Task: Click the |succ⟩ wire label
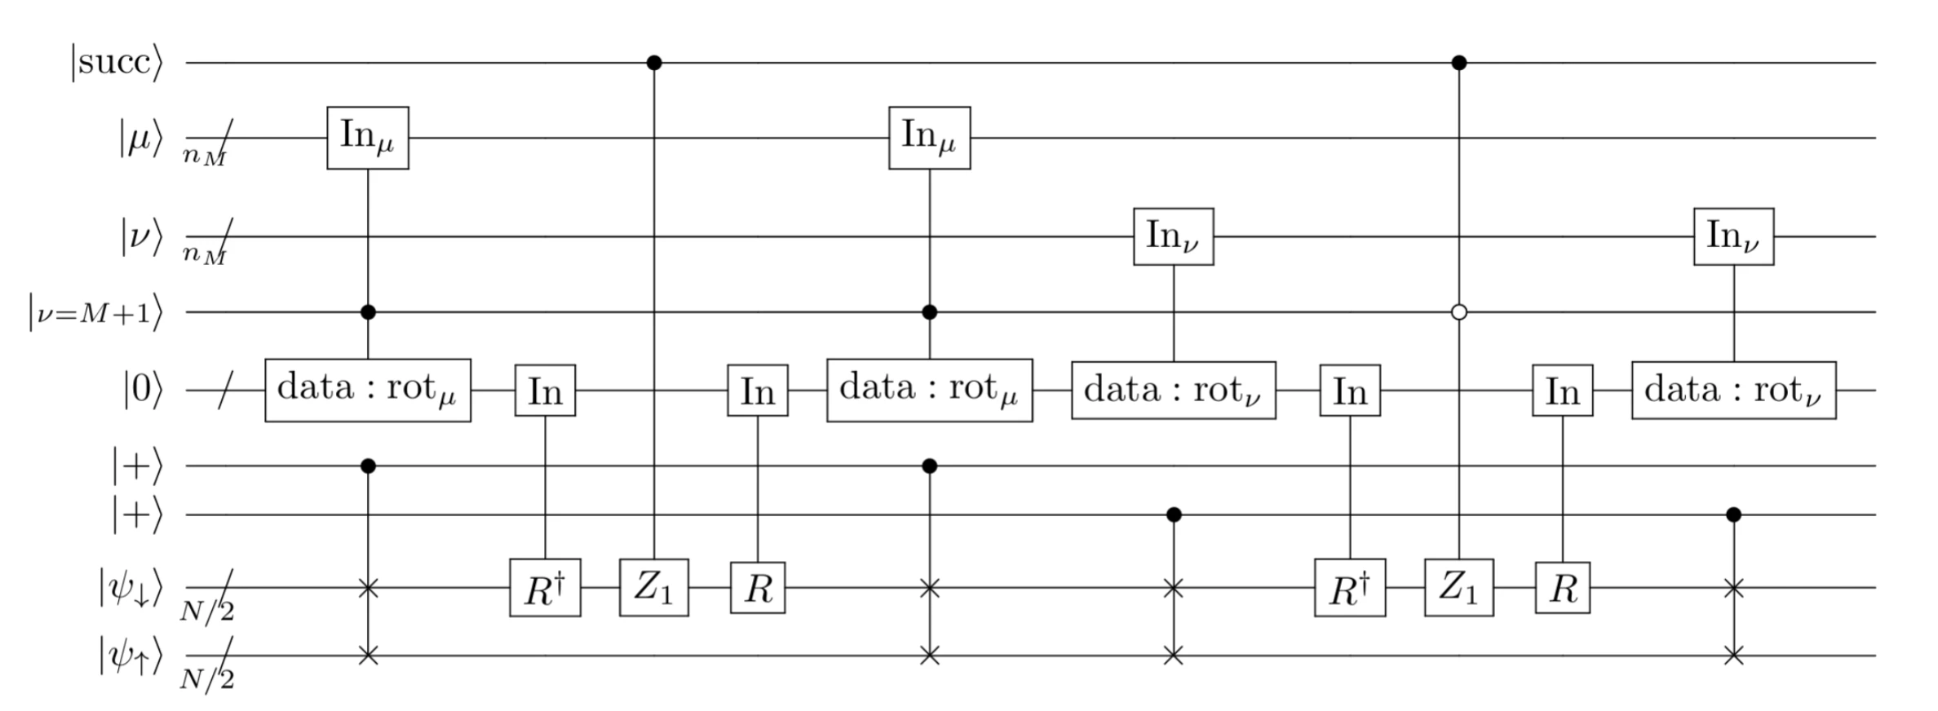coord(117,63)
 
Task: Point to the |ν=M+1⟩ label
coord(95,313)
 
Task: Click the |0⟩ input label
coord(143,391)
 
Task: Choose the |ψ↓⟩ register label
coord(131,588)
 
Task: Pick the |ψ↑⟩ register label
coord(131,656)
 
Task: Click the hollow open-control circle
coord(1459,312)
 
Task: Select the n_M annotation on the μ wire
coord(204,156)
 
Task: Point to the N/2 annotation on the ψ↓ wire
coord(207,609)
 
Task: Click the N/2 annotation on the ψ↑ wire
coord(207,678)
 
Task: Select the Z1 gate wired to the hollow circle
coord(1459,587)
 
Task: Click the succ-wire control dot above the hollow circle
coord(1459,63)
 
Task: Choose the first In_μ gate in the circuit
coord(368,138)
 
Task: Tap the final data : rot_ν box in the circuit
coord(1733,391)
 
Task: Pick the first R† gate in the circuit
coord(545,588)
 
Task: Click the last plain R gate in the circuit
coord(1562,588)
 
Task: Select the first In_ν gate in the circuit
coord(1173,236)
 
